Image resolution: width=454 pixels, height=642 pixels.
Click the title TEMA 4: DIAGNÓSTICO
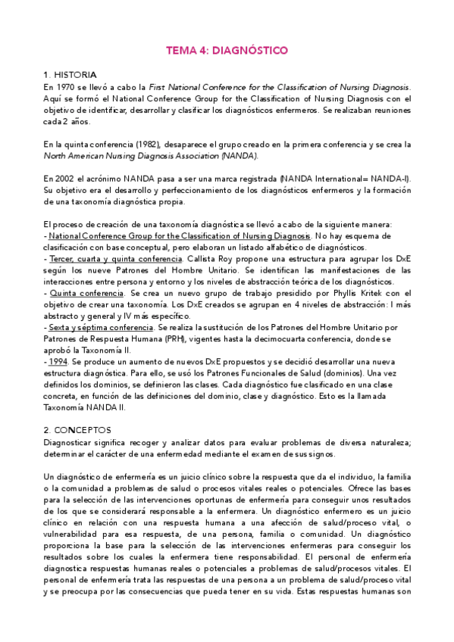point(227,51)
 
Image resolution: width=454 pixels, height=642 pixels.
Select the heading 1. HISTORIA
point(70,75)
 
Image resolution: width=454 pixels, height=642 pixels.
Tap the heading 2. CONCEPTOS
point(77,429)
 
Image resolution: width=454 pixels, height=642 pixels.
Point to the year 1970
point(70,87)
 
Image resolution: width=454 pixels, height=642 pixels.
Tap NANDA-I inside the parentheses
point(392,178)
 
